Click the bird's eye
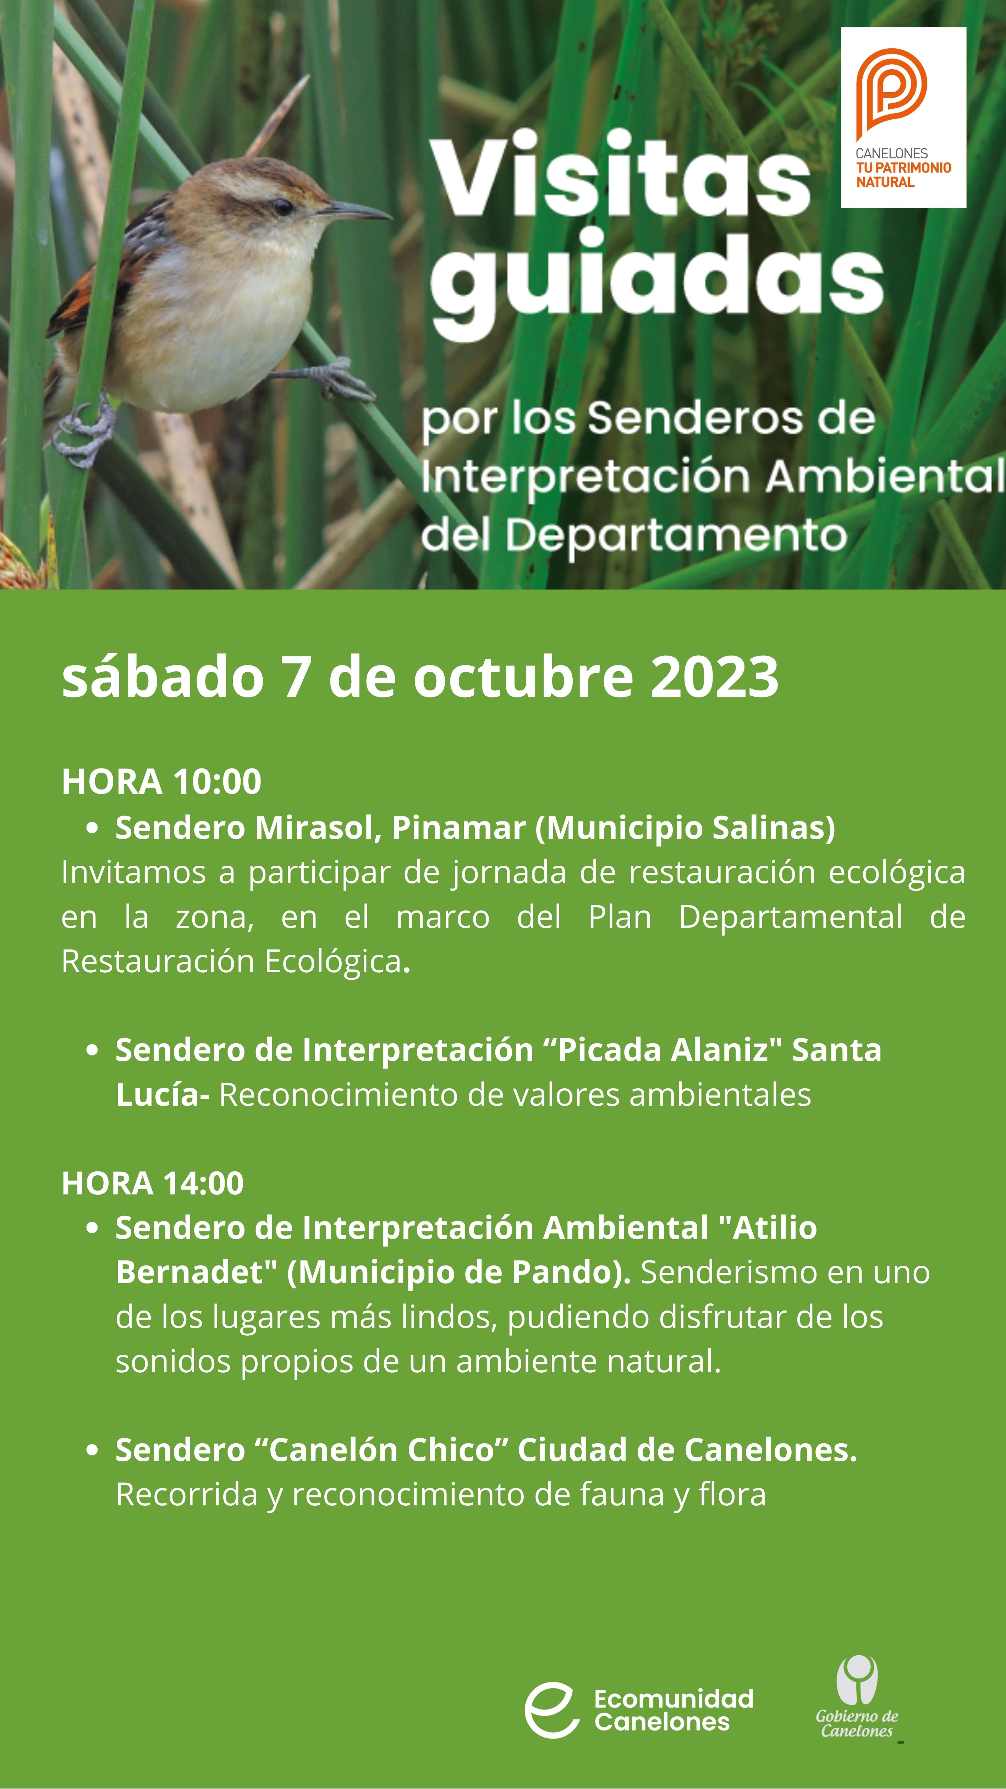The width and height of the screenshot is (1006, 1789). click(x=281, y=206)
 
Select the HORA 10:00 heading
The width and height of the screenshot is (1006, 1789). click(x=161, y=781)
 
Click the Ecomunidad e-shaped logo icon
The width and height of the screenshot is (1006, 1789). click(x=552, y=1710)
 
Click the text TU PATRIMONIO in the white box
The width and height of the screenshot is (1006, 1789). click(x=903, y=168)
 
